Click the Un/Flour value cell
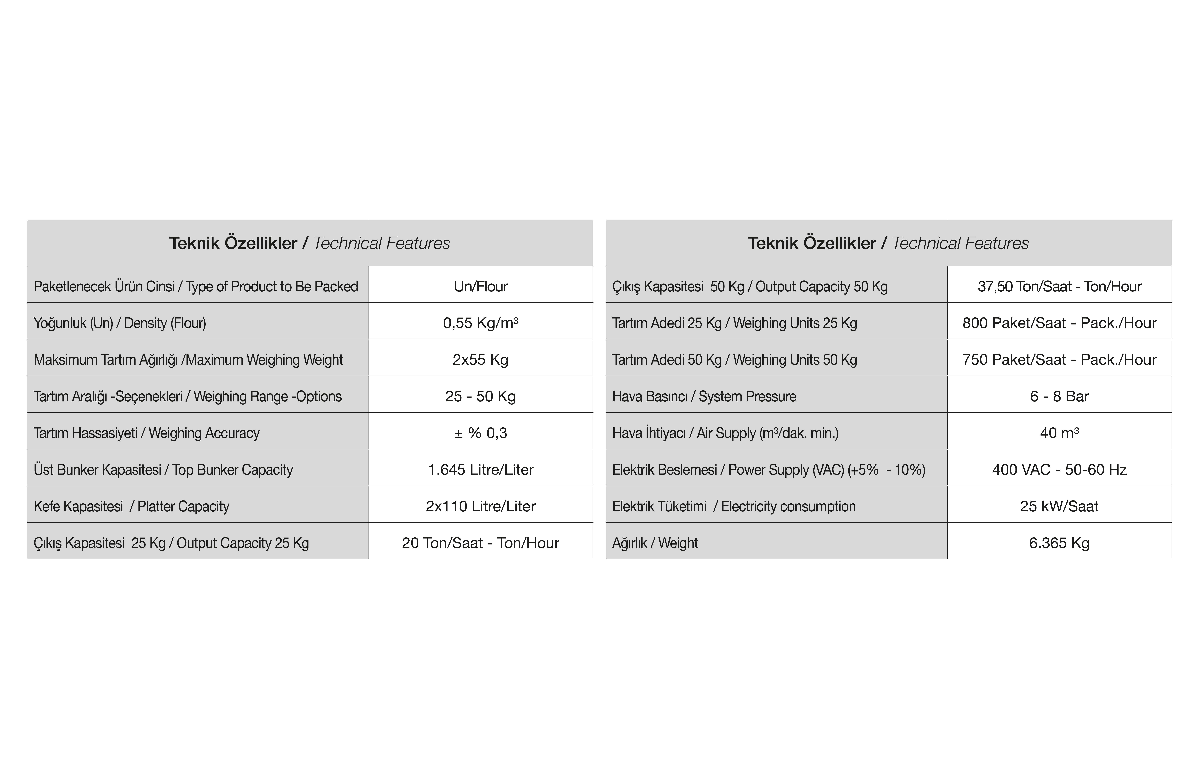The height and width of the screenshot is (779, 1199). pos(481,286)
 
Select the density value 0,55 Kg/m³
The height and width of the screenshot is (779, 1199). pos(481,323)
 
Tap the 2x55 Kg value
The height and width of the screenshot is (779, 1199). pos(481,360)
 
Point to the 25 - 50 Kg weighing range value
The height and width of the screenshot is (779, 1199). pos(481,396)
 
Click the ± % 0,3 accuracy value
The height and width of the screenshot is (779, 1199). pos(481,433)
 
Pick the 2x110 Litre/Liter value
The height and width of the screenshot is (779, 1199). pos(481,506)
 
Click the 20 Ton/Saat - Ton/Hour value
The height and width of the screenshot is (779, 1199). pos(481,543)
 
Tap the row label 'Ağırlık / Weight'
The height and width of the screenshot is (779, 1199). pos(655,543)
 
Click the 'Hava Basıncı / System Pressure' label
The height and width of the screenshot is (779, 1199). pos(704,396)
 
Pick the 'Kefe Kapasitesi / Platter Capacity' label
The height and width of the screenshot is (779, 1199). pos(132,506)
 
